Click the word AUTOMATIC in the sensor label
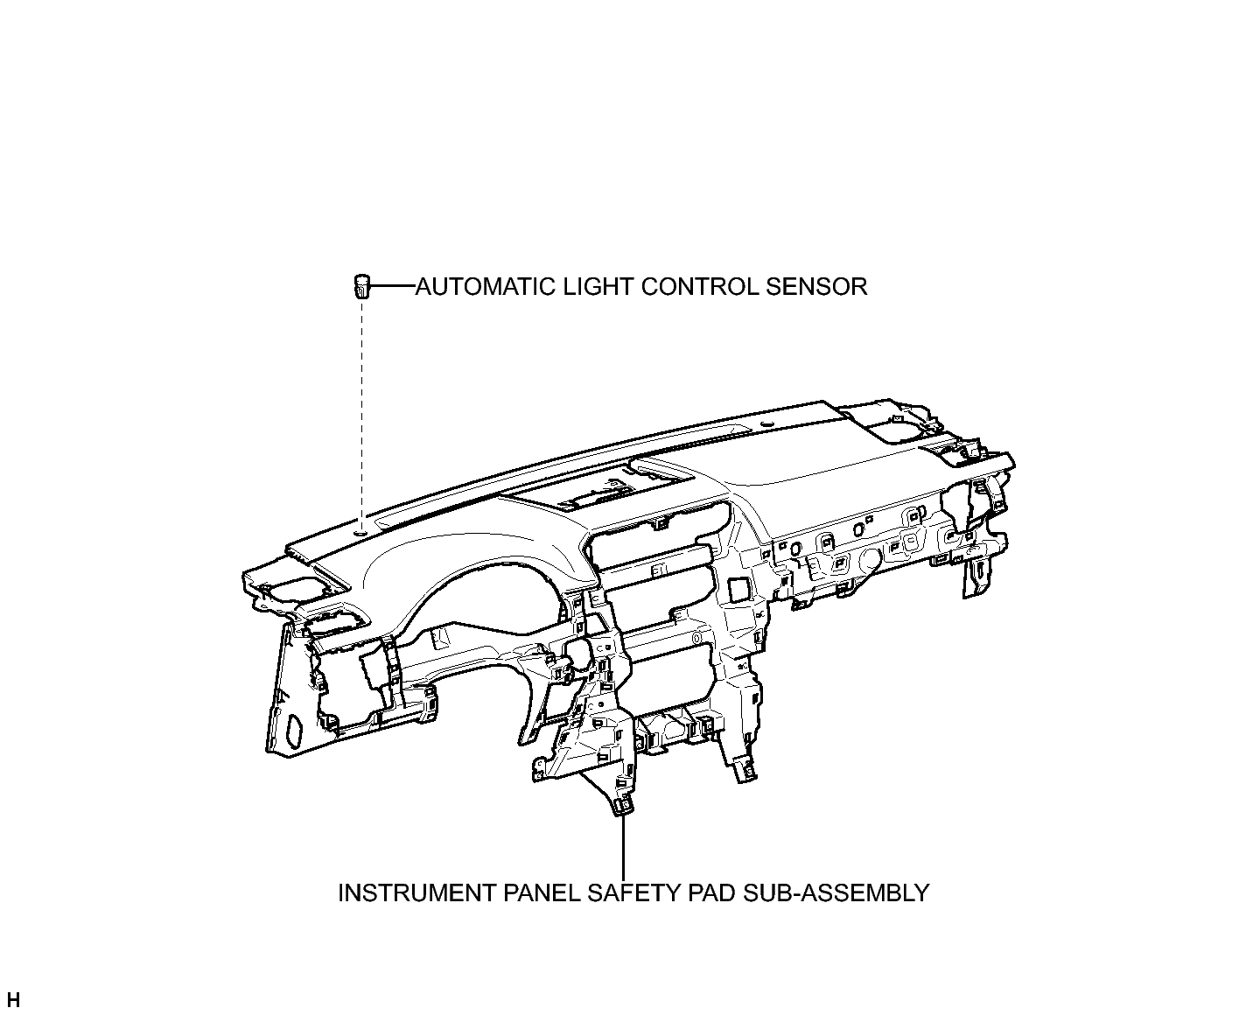coord(485,287)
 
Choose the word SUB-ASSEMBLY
coord(836,893)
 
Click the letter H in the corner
coord(13,1000)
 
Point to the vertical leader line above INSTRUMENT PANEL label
coord(623,846)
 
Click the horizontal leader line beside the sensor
coord(393,286)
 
